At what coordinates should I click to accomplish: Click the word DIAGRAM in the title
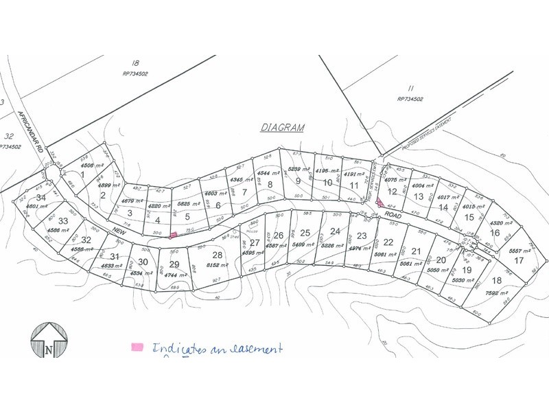pos(283,128)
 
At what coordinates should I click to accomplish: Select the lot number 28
pos(218,255)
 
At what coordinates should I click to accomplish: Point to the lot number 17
pos(519,260)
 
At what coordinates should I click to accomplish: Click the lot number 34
pos(40,198)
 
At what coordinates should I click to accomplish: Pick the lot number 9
pos(298,181)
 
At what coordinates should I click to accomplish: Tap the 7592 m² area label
pos(493,290)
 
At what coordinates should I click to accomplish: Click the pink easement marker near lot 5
pos(173,235)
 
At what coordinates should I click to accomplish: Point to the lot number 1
pos(84,175)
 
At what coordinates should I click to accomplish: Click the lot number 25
pos(305,232)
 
